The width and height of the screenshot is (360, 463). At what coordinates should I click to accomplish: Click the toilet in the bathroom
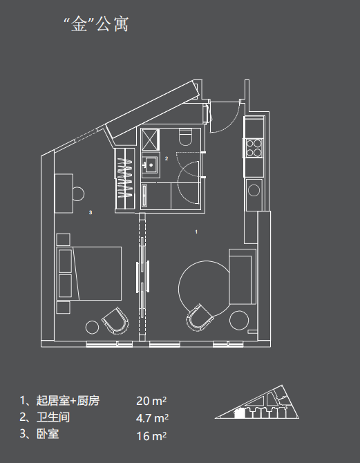point(185,137)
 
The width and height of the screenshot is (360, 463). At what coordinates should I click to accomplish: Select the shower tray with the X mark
point(151,139)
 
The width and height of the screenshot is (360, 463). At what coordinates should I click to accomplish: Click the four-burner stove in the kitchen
point(254,148)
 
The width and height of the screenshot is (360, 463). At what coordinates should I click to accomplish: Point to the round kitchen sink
point(254,190)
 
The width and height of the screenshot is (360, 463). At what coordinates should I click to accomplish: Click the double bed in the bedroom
point(89,274)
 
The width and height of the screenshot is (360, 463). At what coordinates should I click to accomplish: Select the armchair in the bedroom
point(116,321)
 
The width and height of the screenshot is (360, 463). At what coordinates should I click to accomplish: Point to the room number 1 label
point(196,231)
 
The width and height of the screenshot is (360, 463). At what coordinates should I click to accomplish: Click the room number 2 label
point(167,158)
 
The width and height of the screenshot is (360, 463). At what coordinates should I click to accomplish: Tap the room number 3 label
point(91,212)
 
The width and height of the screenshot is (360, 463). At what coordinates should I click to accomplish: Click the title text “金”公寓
point(96,24)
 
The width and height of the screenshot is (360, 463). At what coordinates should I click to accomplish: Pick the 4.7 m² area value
point(153,418)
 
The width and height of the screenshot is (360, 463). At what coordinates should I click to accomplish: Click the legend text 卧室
point(48,434)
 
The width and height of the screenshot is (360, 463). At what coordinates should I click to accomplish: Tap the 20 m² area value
point(151,401)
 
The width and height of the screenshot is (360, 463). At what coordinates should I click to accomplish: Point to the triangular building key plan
point(257,402)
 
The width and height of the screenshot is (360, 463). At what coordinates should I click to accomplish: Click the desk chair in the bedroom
point(79,193)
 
